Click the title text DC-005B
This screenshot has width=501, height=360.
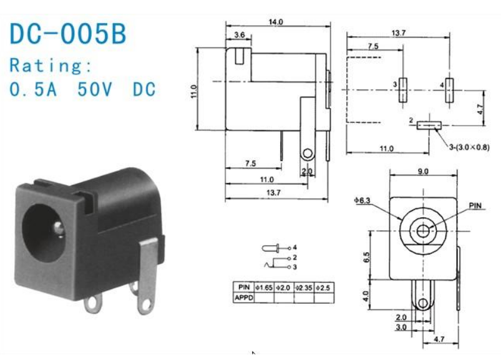coord(67,34)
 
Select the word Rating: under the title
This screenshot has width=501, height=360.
coord(51,66)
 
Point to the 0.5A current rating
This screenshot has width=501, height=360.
coord(34,89)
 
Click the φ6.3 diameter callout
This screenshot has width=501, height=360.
coord(364,200)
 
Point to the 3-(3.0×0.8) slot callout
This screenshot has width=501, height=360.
coord(469,148)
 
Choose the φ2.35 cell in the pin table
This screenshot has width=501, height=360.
coord(303,287)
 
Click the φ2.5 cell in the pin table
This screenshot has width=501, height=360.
coord(324,287)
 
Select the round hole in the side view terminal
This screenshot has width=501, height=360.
coord(307,153)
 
